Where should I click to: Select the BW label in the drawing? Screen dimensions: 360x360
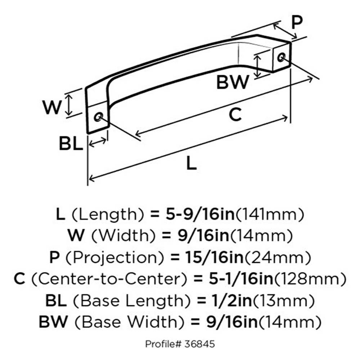[x=233, y=82]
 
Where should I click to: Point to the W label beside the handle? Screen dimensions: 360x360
[x=51, y=107]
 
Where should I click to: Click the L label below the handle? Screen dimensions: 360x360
[x=192, y=164]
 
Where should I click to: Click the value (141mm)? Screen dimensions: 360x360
[x=270, y=215]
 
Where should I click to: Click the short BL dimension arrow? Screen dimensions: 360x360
[x=98, y=142]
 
